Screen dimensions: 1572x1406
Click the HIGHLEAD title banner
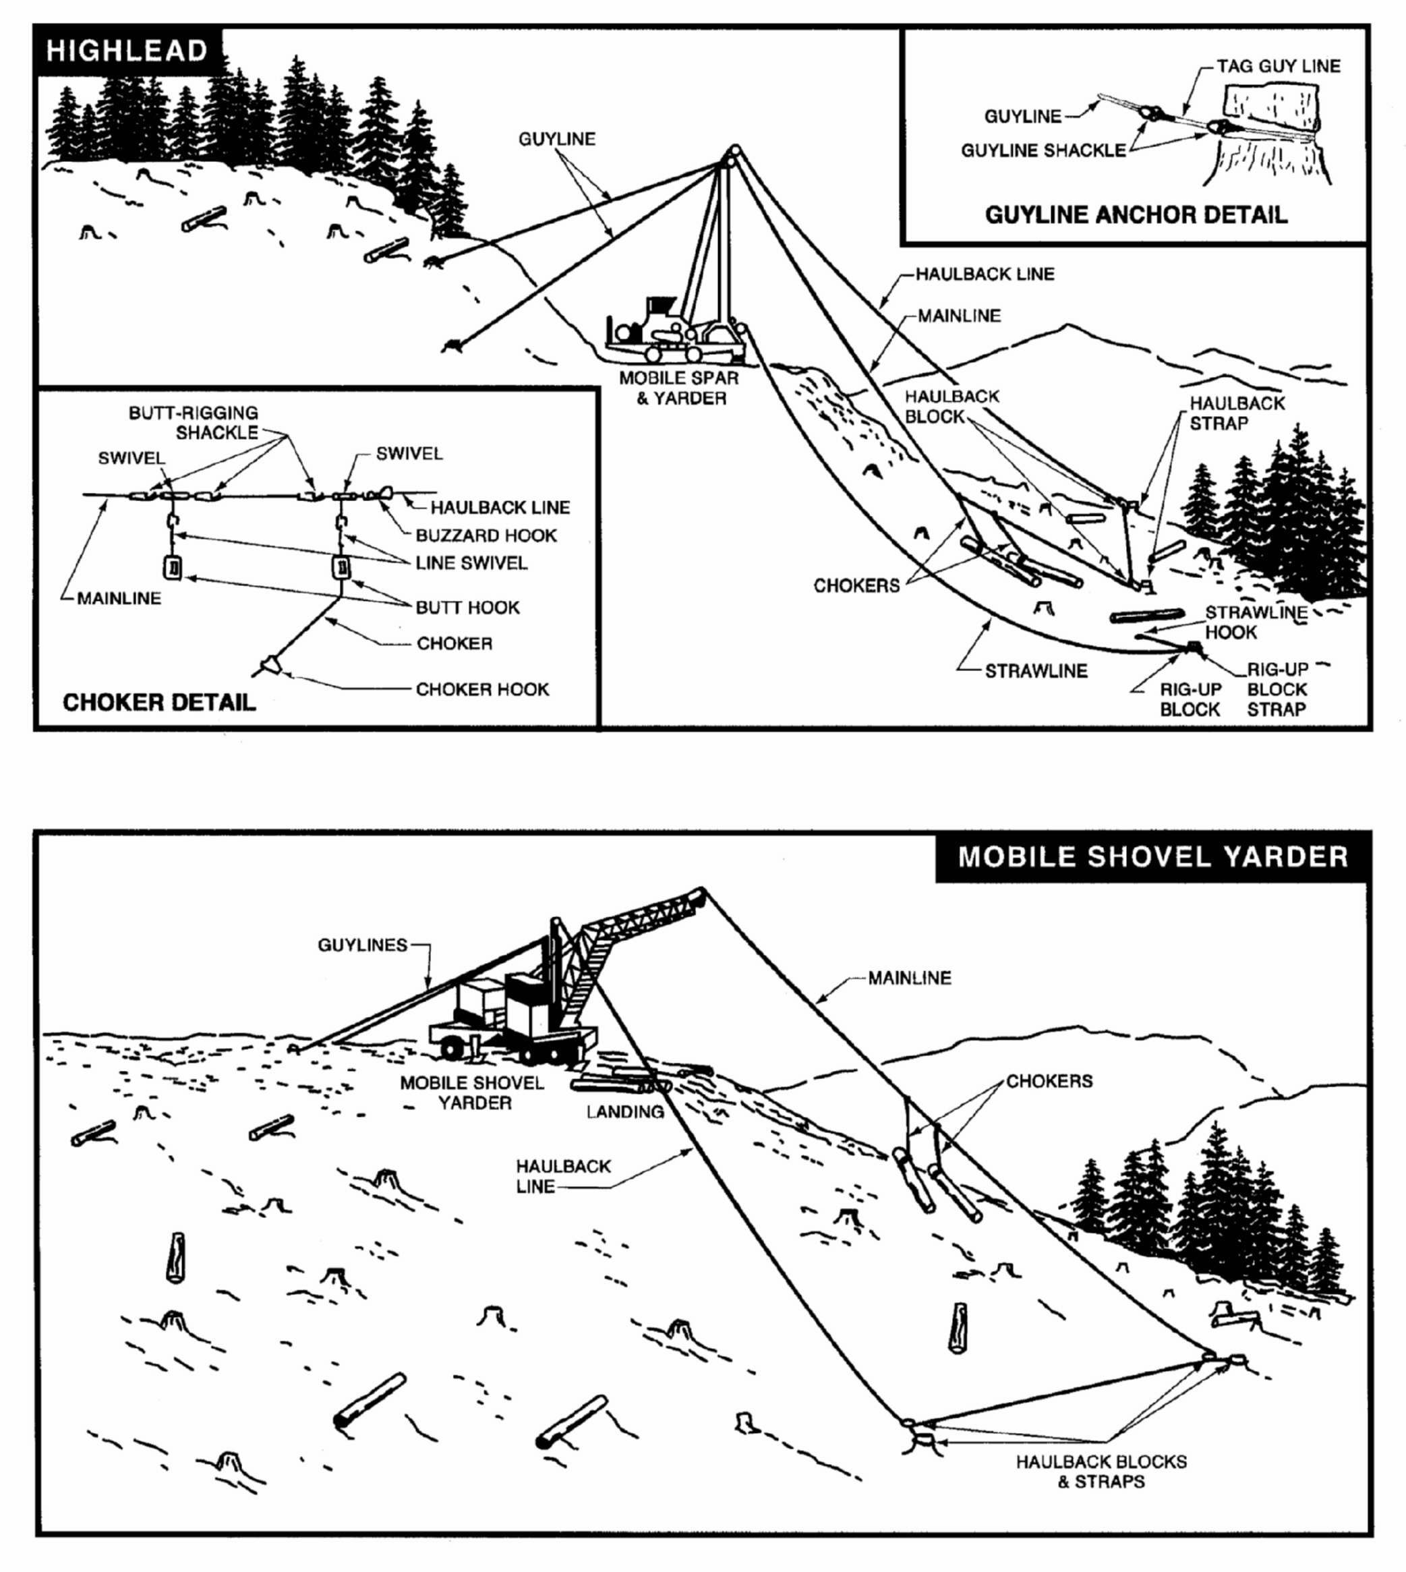127,51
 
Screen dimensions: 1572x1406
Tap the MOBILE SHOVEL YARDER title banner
1152,856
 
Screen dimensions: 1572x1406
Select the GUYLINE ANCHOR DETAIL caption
1136,214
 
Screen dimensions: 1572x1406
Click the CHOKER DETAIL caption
159,702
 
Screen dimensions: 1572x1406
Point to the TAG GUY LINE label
1279,67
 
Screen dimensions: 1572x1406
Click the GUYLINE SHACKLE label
1043,150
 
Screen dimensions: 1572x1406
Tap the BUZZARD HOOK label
486,535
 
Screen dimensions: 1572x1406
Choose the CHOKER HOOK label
482,689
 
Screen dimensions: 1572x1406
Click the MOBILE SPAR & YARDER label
679,388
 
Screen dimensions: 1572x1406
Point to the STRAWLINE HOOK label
1256,622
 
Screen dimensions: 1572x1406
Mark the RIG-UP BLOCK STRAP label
1277,689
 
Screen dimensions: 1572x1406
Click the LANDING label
625,1111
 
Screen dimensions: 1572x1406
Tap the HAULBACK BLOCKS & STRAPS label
1101,1472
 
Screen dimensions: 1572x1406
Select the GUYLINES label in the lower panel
362,945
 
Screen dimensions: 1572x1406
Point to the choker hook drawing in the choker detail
271,664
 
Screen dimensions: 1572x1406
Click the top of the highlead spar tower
733,150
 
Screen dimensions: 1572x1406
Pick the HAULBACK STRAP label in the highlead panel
1237,413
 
